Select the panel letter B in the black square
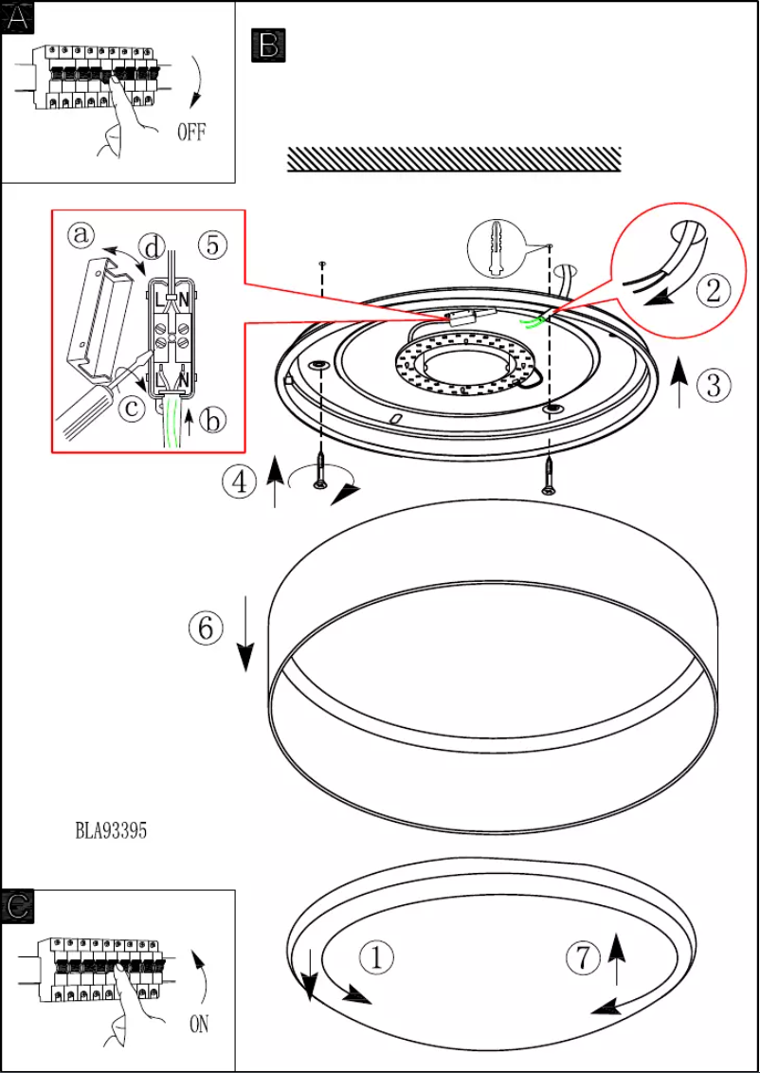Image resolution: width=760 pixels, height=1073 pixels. [269, 45]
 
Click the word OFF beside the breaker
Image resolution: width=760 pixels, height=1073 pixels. [191, 132]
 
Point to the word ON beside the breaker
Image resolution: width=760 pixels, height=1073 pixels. [199, 1025]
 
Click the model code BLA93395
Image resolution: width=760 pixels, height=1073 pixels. [111, 831]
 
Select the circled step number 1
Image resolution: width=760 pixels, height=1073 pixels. [377, 957]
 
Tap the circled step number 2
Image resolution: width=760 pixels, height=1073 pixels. [714, 290]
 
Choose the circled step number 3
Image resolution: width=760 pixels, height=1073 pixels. [715, 385]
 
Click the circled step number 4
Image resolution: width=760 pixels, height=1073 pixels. [240, 482]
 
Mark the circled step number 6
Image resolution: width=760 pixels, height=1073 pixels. [206, 627]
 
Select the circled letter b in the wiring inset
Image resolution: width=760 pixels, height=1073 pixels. [214, 420]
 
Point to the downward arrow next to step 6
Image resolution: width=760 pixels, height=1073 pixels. [245, 634]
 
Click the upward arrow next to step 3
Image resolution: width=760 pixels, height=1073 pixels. [679, 383]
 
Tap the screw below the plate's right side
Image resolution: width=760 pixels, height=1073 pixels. [549, 475]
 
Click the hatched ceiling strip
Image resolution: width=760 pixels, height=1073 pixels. [454, 159]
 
